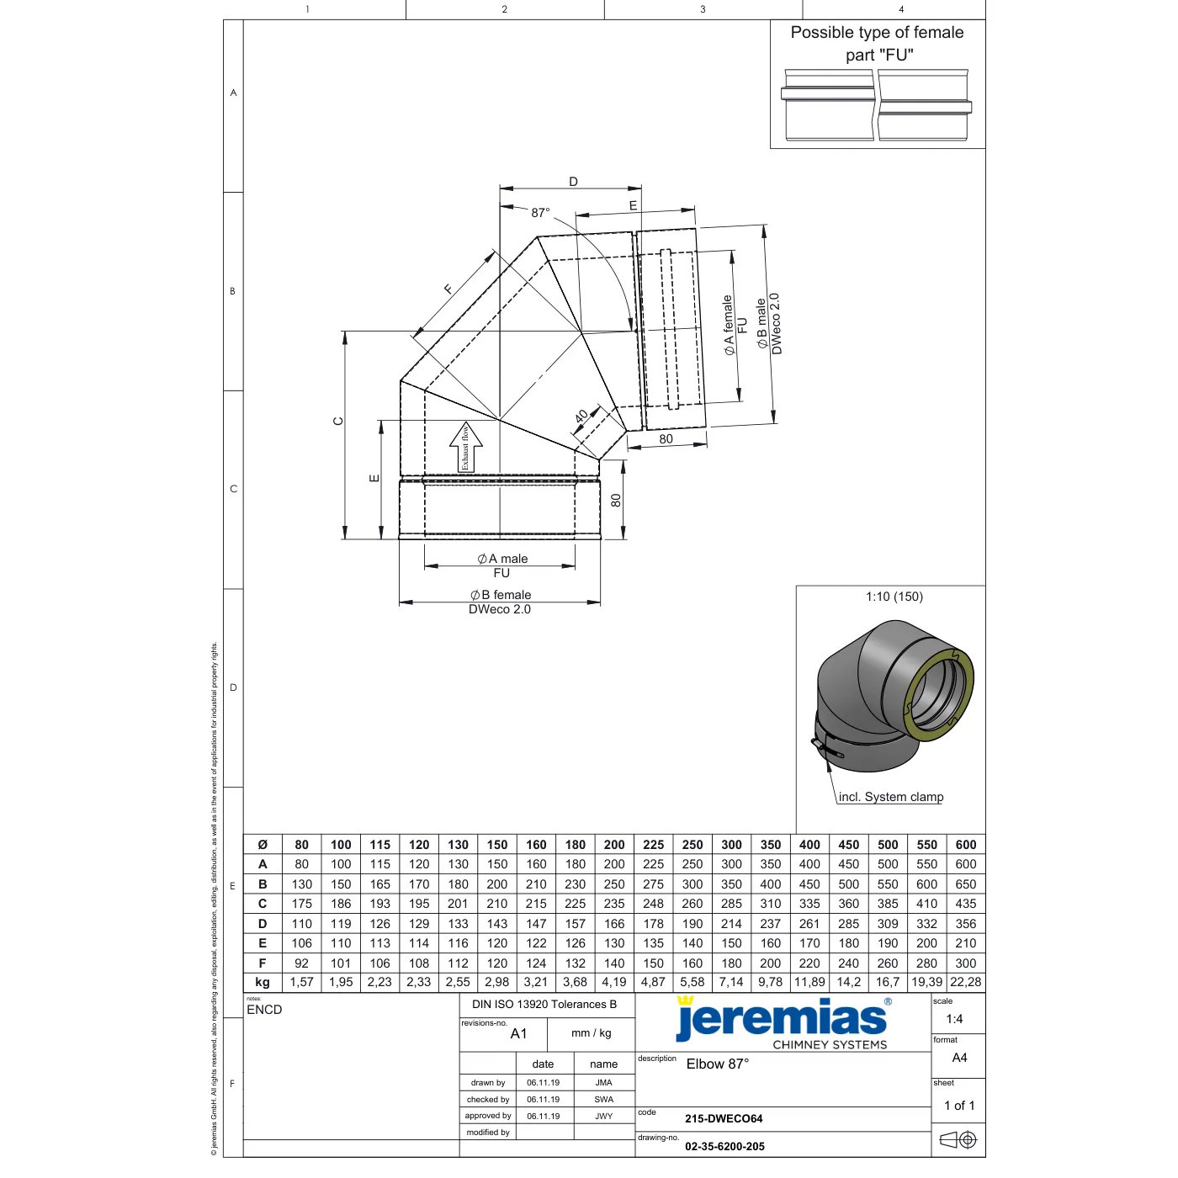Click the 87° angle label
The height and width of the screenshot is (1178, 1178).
(540, 213)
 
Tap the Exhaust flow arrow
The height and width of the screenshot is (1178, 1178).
(466, 447)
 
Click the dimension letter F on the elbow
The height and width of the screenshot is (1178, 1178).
(448, 289)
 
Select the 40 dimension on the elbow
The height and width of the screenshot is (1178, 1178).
(581, 417)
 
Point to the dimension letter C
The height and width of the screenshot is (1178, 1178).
(338, 422)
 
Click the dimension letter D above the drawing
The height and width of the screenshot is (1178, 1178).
(573, 182)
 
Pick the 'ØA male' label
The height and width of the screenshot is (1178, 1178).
(501, 559)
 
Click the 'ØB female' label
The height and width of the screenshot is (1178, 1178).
(501, 595)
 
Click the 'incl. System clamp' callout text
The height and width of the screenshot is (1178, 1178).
(891, 797)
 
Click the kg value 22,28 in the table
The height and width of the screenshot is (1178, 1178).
(966, 983)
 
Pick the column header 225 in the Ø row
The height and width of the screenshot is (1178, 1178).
(654, 845)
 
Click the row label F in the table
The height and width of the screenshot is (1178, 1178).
(263, 963)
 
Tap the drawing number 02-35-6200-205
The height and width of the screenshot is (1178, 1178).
(724, 1147)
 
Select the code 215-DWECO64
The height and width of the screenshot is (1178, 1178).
(724, 1119)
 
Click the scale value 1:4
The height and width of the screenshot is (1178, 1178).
(954, 1019)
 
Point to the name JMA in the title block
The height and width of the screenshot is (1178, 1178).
(603, 1083)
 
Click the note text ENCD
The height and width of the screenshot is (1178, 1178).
(264, 1010)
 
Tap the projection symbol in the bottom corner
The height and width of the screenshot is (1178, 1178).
(958, 1140)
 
